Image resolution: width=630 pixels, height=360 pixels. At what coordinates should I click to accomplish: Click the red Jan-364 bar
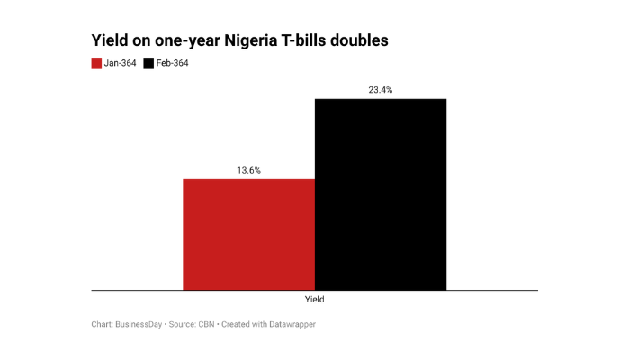[248, 234]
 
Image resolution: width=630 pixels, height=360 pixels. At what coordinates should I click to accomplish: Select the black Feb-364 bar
[380, 193]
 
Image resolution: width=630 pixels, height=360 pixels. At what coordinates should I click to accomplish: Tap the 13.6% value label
[248, 170]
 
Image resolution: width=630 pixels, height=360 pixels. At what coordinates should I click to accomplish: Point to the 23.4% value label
[380, 90]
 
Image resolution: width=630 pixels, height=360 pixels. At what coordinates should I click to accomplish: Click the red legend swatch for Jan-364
[96, 64]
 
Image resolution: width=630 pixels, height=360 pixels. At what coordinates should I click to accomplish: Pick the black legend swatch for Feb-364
[149, 64]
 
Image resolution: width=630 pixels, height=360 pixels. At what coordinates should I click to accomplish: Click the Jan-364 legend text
[121, 64]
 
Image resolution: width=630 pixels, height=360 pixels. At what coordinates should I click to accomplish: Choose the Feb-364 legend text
[173, 64]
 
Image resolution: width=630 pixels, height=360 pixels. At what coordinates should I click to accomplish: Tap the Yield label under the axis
[315, 300]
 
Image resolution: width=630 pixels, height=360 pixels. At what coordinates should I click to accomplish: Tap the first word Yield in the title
[110, 41]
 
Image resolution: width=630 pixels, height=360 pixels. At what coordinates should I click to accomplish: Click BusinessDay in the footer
[139, 324]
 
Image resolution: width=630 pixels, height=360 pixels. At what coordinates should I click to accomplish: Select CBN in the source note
[207, 324]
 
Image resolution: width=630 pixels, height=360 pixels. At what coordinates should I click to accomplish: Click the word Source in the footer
[182, 324]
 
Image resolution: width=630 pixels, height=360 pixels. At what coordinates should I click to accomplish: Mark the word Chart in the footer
[102, 324]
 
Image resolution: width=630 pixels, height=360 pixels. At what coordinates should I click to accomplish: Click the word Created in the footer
[237, 324]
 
